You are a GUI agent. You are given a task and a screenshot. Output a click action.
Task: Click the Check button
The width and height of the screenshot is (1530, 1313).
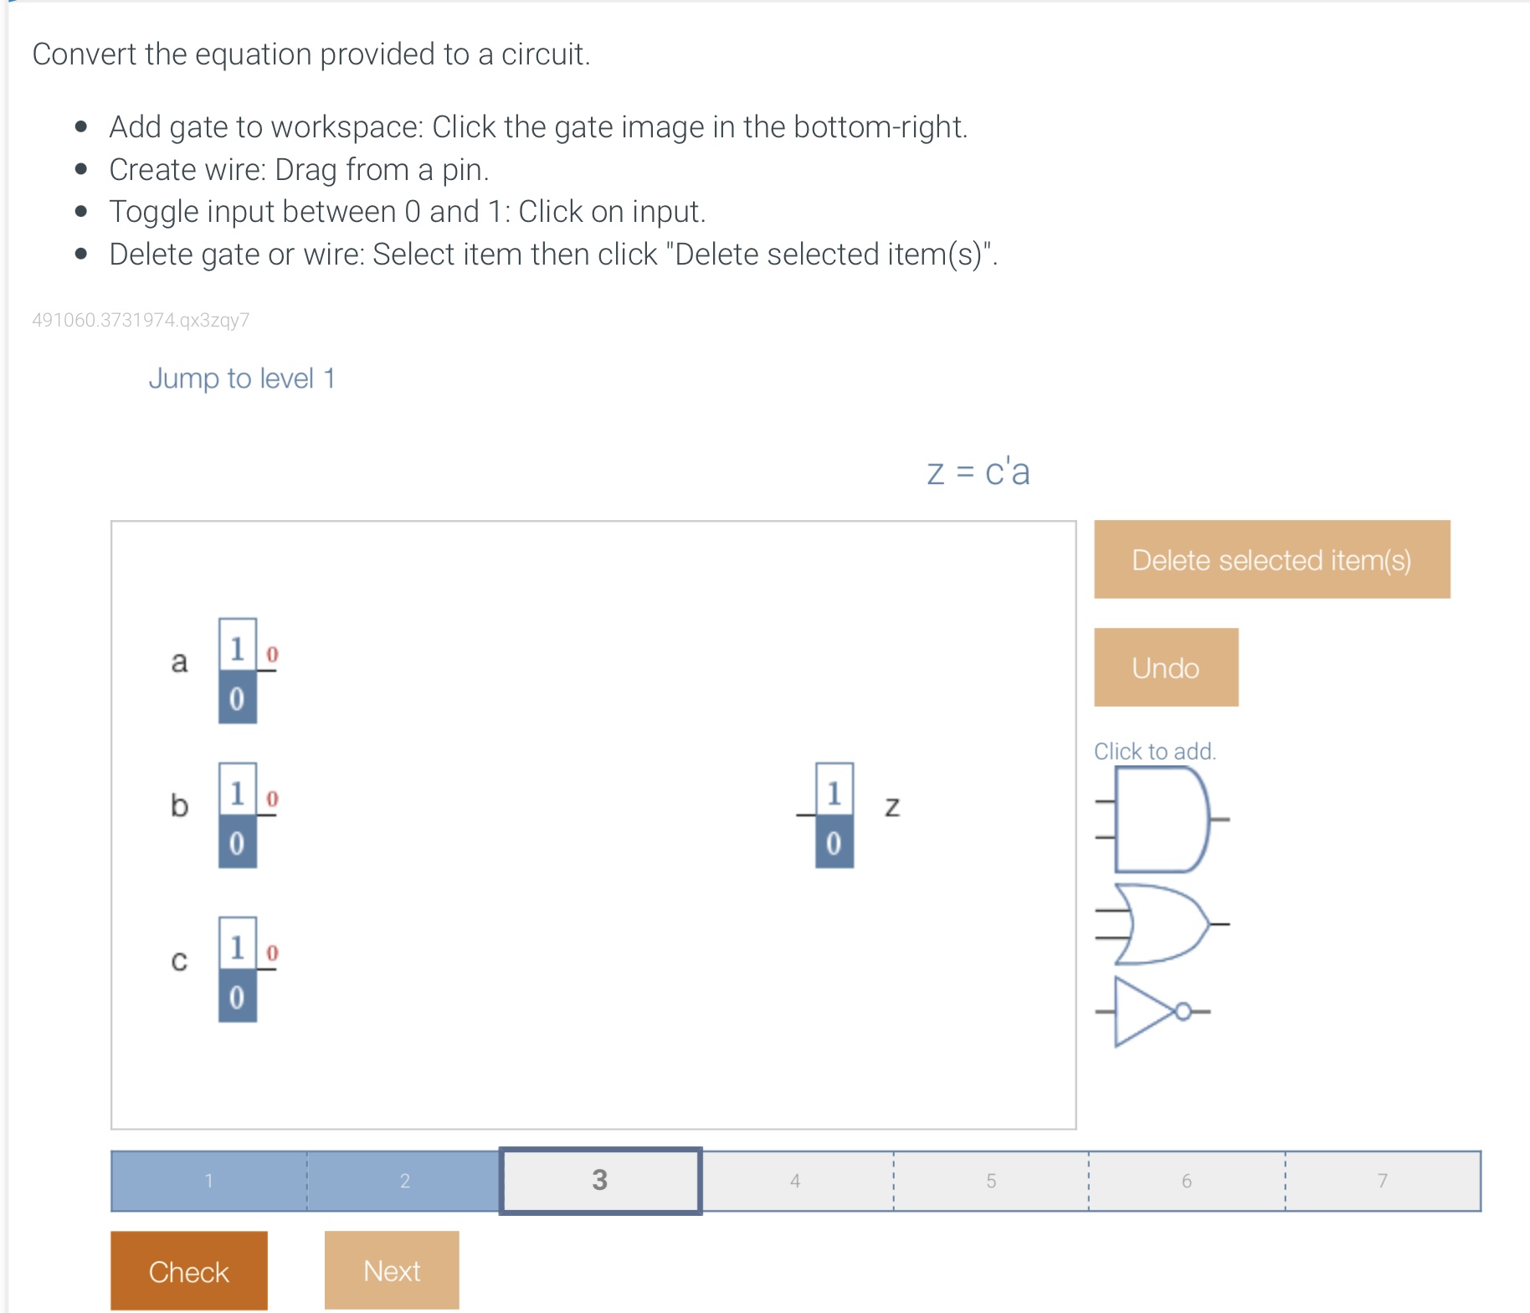click(188, 1270)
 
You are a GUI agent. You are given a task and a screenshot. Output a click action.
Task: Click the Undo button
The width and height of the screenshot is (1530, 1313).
click(1165, 667)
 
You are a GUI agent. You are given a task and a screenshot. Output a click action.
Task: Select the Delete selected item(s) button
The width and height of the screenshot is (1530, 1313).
click(1271, 559)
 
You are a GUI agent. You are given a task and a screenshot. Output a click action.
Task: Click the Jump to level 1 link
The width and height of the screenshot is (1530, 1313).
click(242, 378)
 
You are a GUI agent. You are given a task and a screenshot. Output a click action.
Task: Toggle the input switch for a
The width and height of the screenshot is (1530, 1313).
click(238, 671)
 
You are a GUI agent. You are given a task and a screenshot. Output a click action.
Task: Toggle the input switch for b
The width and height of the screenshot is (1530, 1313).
click(238, 815)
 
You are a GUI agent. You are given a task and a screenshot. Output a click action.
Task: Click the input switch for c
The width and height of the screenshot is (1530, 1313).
click(238, 969)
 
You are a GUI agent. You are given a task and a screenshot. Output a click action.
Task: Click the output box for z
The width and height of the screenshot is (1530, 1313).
click(834, 815)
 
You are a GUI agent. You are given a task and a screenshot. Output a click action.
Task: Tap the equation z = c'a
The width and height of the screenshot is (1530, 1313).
click(978, 472)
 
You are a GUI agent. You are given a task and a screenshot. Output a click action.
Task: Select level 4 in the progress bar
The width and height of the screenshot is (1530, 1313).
click(795, 1181)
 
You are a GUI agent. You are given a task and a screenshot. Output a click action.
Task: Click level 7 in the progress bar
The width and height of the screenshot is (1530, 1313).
click(1382, 1181)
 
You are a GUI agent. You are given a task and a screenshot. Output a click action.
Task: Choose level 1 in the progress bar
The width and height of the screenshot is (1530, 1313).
click(208, 1181)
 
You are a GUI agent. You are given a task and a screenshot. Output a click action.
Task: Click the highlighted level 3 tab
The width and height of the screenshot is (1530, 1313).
click(599, 1181)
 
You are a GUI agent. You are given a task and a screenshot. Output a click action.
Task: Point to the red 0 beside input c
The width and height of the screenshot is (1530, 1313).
click(272, 953)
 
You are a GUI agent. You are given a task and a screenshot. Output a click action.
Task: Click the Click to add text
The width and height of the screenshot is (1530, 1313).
click(1154, 751)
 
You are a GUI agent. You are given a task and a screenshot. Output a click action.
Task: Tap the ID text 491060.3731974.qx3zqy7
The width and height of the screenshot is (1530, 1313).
click(141, 320)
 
